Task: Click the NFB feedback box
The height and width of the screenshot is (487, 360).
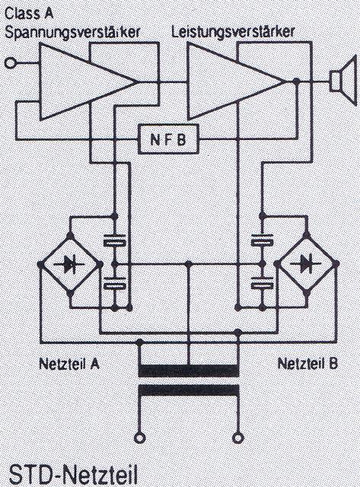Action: pyautogui.click(x=168, y=139)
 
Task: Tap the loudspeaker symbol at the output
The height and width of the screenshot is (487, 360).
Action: pyautogui.click(x=342, y=80)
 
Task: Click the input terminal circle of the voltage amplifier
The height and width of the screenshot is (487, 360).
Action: pyautogui.click(x=10, y=63)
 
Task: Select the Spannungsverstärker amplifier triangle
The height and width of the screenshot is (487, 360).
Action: pyautogui.click(x=88, y=81)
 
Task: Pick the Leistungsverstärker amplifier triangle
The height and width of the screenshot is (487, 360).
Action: pyautogui.click(x=236, y=81)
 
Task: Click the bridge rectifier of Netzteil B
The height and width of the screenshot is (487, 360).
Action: pyautogui.click(x=307, y=264)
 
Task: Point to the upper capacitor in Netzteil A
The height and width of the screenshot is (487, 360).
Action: pyautogui.click(x=115, y=240)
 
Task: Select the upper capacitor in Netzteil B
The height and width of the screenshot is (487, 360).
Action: pyautogui.click(x=262, y=240)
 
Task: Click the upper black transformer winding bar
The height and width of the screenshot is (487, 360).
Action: pyautogui.click(x=189, y=371)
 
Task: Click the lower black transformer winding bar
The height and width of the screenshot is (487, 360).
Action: pyautogui.click(x=189, y=390)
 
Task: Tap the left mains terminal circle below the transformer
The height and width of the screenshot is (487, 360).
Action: pyautogui.click(x=140, y=438)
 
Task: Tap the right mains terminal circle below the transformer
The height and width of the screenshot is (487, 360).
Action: pyautogui.click(x=237, y=438)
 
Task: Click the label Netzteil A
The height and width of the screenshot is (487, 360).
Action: pyautogui.click(x=69, y=364)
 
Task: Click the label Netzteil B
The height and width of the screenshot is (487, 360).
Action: pyautogui.click(x=307, y=363)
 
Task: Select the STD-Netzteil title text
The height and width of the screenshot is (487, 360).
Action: pyautogui.click(x=73, y=474)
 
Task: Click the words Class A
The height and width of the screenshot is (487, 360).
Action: pyautogui.click(x=29, y=14)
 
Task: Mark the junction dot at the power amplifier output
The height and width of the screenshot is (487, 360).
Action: pyautogui.click(x=297, y=81)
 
